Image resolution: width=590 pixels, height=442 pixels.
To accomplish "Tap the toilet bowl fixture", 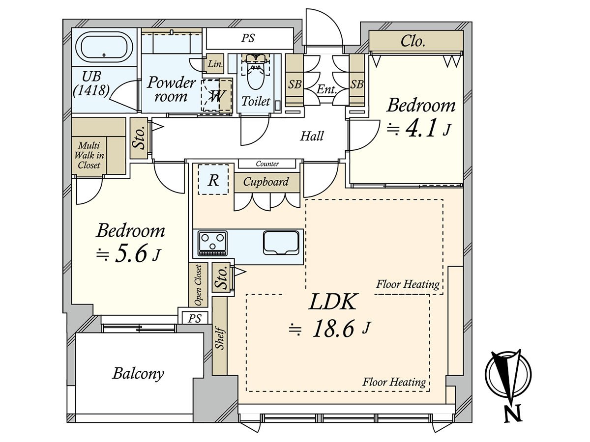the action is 256,73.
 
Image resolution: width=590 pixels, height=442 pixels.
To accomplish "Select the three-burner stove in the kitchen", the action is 212,243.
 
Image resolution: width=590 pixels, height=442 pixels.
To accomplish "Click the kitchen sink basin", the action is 281,243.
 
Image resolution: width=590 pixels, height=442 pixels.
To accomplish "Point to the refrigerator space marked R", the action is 213,180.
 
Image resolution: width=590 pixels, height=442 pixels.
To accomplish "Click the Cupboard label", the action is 266,182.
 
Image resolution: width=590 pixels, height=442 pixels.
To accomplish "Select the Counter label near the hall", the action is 267,164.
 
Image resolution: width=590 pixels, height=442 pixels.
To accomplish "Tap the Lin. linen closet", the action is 215,64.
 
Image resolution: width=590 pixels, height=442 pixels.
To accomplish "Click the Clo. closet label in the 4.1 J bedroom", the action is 413,41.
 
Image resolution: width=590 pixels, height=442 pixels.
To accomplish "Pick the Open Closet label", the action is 198,285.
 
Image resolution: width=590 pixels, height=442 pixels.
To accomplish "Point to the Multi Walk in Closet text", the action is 89,155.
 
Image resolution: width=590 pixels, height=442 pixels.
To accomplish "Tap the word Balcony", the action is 138,373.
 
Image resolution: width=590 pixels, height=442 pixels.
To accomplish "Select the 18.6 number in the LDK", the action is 333,328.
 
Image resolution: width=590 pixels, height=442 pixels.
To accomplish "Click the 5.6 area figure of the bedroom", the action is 131,253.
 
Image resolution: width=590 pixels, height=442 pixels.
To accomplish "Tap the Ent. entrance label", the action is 326,89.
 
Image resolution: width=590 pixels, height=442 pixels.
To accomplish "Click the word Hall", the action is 312,136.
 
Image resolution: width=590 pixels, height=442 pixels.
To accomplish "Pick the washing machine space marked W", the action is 217,95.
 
